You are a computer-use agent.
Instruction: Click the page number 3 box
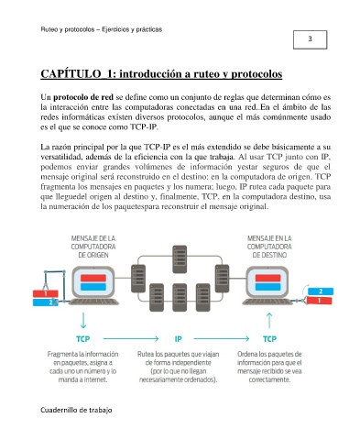(310, 39)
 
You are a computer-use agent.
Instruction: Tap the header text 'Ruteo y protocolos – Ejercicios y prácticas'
(102, 29)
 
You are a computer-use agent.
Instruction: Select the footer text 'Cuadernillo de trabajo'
(76, 410)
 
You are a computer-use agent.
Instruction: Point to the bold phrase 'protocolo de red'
(83, 97)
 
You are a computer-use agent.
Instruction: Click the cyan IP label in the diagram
(179, 339)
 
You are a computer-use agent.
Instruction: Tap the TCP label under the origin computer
(83, 339)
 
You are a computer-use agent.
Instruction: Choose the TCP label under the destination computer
(269, 339)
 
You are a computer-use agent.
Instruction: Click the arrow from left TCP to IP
(131, 338)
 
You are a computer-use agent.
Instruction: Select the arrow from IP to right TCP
(222, 338)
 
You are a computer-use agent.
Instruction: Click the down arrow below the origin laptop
(83, 320)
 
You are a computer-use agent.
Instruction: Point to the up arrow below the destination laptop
(269, 321)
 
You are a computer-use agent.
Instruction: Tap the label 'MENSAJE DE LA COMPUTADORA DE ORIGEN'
(93, 247)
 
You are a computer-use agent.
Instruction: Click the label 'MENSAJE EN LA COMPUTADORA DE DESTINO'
(269, 247)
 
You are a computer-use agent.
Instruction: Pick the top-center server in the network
(180, 259)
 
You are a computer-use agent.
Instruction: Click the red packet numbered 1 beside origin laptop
(46, 294)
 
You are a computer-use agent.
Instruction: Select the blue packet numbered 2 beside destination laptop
(321, 291)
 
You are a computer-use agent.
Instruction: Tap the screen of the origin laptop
(93, 282)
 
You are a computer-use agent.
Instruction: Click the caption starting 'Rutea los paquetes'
(179, 367)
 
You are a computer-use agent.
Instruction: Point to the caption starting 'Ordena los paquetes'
(269, 367)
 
